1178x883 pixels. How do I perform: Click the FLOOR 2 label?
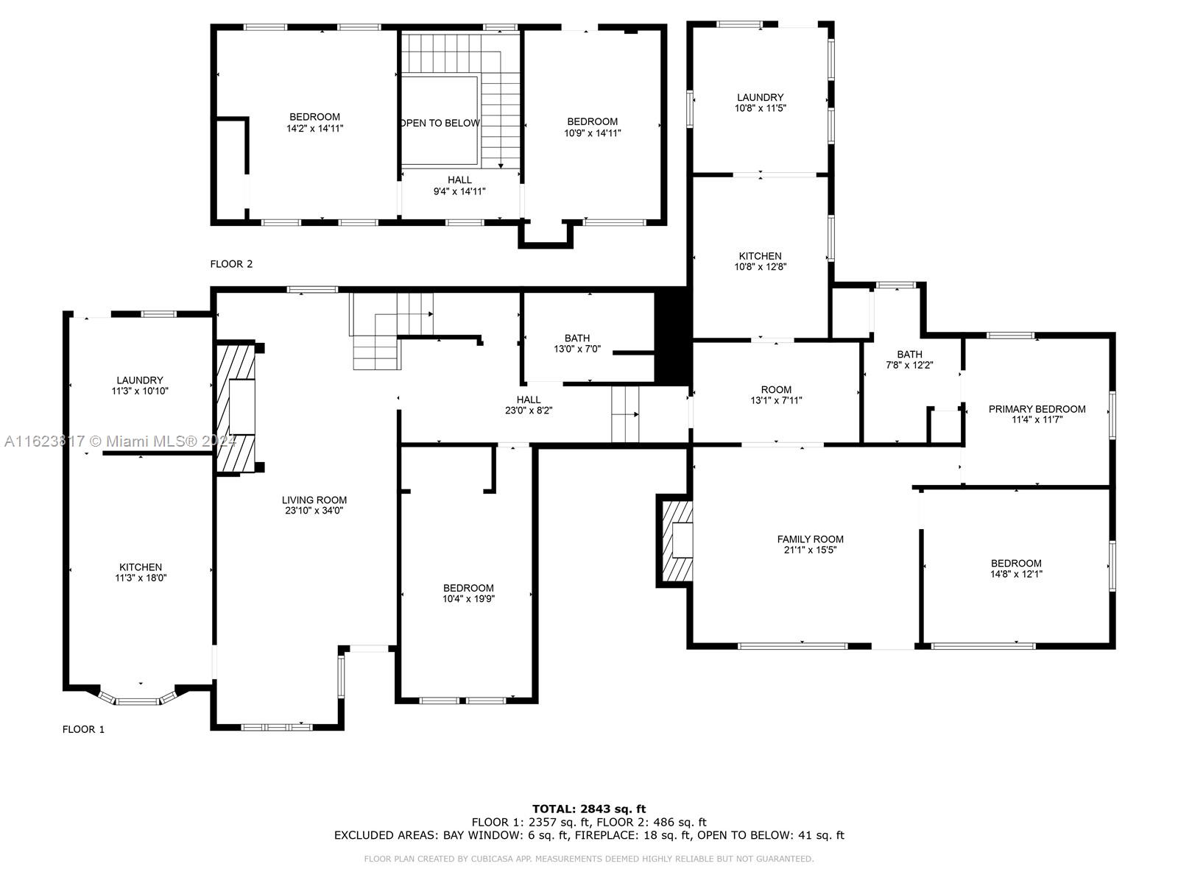(230, 263)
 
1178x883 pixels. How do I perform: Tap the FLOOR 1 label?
(83, 729)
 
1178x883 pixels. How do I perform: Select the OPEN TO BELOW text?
(440, 123)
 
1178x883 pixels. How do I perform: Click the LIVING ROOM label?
(314, 500)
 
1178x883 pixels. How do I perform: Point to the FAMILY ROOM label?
(810, 539)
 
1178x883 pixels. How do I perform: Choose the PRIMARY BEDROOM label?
(1037, 409)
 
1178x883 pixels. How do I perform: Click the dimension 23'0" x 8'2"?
(529, 411)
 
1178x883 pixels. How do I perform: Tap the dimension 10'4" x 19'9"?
(468, 599)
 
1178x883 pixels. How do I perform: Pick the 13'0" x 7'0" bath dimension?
(577, 349)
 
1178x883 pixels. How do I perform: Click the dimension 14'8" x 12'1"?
(1016, 574)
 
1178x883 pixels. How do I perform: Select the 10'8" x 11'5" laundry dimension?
(760, 107)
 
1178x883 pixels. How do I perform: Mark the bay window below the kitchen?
(138, 696)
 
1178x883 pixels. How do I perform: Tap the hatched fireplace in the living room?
(236, 408)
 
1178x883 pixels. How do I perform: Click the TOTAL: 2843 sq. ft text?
(589, 809)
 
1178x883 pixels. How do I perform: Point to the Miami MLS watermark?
(120, 441)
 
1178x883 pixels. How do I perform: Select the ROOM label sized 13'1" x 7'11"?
(776, 390)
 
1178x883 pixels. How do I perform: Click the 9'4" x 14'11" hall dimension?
(459, 191)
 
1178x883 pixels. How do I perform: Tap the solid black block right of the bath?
(671, 336)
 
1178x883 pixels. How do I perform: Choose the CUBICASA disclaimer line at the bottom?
(589, 859)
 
